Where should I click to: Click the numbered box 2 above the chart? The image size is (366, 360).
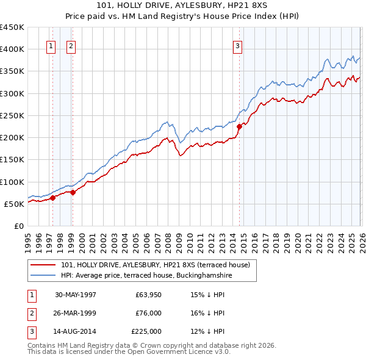point(70,45)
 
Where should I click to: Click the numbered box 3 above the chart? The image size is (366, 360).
point(237,45)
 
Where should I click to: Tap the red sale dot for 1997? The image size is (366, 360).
point(53,197)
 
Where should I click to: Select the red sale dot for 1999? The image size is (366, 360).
point(73,192)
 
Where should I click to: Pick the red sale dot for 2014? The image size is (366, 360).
point(239,126)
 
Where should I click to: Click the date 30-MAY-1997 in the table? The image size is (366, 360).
point(76,294)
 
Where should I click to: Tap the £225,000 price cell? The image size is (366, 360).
point(146,332)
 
